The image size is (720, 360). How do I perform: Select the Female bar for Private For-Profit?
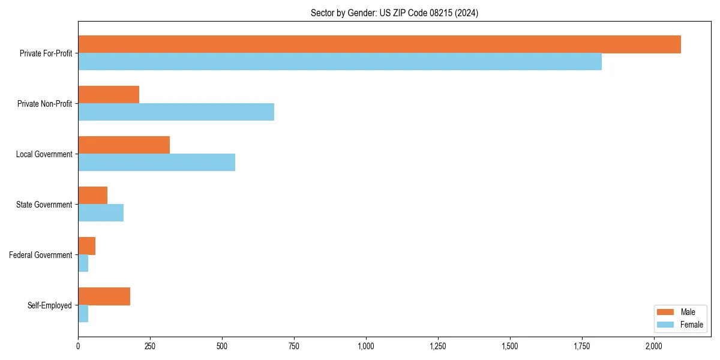tap(340, 62)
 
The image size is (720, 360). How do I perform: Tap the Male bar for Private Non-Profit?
tap(109, 95)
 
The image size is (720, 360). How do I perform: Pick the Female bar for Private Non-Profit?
tap(176, 112)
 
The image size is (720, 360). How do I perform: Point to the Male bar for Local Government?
tap(124, 145)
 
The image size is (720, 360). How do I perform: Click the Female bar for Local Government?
tap(157, 163)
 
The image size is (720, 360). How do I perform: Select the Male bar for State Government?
tap(92, 196)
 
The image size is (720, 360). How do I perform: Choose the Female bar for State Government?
tap(101, 213)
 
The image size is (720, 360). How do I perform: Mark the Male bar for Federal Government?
tap(86, 246)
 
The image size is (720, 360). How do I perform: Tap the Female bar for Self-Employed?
tap(83, 314)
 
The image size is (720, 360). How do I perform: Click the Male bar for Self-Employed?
tap(104, 296)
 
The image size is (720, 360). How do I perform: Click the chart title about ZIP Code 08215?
tap(394, 13)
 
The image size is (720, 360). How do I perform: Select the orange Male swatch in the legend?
tap(666, 312)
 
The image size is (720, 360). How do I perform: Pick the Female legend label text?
tap(691, 325)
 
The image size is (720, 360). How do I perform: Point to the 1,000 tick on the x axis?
tap(366, 346)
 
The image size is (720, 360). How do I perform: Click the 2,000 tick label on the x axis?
tap(654, 346)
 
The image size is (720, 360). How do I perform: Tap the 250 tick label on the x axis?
tap(150, 346)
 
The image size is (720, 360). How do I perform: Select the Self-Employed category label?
tap(49, 305)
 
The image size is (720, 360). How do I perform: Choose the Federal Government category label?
tap(40, 255)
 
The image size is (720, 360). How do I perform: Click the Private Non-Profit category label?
tap(44, 104)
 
